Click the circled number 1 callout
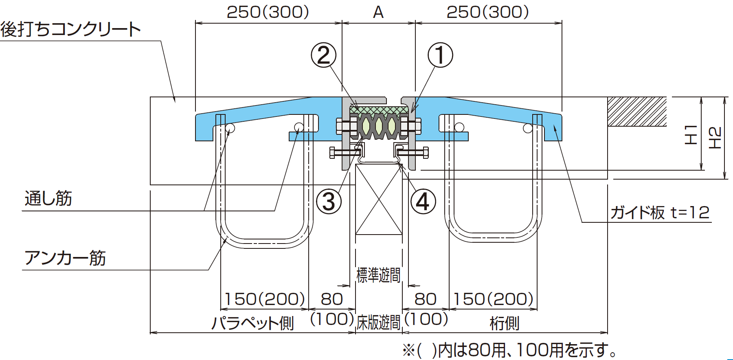point(440,55)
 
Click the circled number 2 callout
point(324,55)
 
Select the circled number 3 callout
point(329,202)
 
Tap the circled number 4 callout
point(423,202)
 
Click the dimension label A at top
point(378,13)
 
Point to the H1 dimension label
point(691,135)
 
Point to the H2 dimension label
point(715,138)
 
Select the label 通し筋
point(48,198)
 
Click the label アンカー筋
point(65,258)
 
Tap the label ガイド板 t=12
point(660,212)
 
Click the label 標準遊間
point(378,275)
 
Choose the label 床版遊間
point(378,323)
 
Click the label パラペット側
point(252,323)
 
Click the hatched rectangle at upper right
point(637,112)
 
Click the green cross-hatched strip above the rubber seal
point(379,110)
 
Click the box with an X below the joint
point(379,199)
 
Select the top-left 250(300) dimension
point(268,12)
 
